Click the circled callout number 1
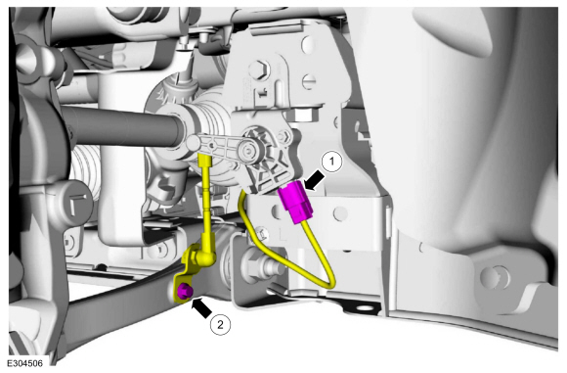(331, 163)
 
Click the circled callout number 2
(220, 324)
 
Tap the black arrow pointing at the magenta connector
(314, 180)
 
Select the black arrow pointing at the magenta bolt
(202, 307)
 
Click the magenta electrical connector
(295, 202)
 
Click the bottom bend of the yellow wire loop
(328, 284)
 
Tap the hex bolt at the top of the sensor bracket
(258, 70)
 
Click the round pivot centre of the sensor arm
(249, 149)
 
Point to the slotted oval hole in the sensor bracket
(308, 82)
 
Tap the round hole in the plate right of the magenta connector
(340, 214)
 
